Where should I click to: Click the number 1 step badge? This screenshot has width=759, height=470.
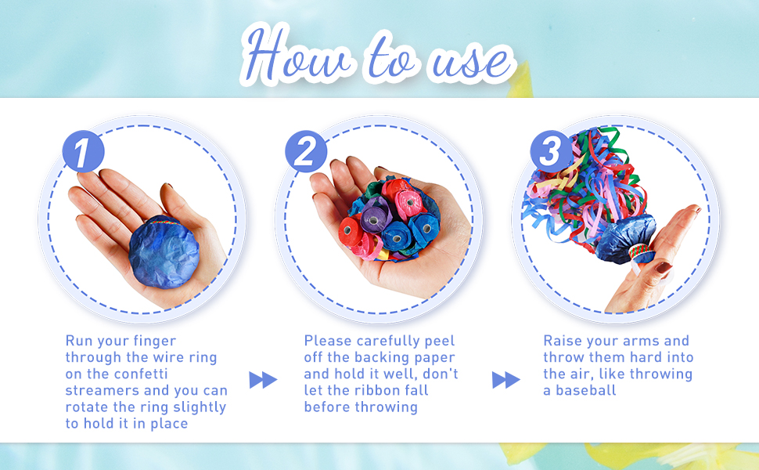pyautogui.click(x=83, y=151)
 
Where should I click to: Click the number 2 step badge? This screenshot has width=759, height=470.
pyautogui.click(x=305, y=151)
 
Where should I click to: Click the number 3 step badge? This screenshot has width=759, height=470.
pyautogui.click(x=550, y=151)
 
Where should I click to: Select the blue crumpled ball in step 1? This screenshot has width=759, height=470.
pyautogui.click(x=164, y=252)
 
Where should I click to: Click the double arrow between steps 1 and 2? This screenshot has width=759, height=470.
pyautogui.click(x=264, y=380)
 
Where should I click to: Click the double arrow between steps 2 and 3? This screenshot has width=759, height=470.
pyautogui.click(x=506, y=380)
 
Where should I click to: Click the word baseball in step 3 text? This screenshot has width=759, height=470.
pyautogui.click(x=586, y=391)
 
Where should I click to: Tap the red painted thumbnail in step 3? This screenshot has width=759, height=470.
pyautogui.click(x=664, y=267)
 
